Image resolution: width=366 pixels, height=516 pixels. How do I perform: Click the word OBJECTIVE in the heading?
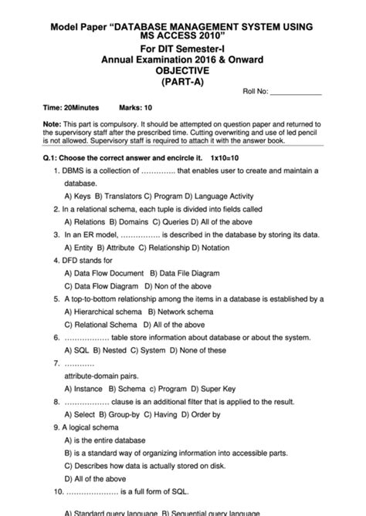click(x=182, y=69)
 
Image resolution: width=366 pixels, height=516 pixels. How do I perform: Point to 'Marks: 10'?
click(x=136, y=109)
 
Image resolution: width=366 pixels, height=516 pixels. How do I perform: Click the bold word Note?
click(x=53, y=123)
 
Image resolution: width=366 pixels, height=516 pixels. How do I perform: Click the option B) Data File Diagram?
click(x=184, y=273)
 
